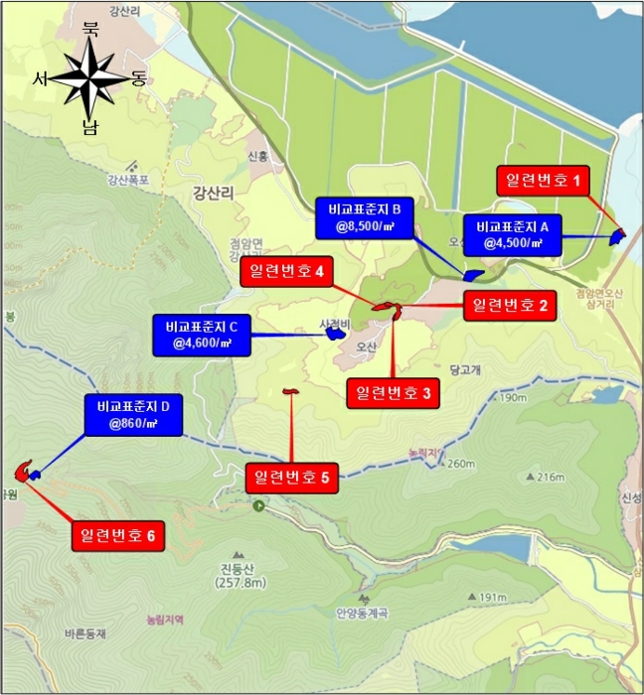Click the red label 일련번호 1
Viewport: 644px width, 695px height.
click(542, 181)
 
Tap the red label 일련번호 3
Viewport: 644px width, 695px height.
click(393, 393)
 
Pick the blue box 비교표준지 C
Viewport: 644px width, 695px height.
click(202, 336)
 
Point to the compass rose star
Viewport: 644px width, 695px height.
click(89, 80)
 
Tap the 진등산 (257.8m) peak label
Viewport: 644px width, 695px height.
click(239, 575)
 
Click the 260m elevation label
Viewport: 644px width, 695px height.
click(461, 464)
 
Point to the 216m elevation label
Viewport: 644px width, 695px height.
click(550, 478)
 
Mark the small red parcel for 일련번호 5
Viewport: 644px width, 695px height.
click(290, 392)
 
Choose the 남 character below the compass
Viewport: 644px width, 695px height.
click(90, 127)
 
